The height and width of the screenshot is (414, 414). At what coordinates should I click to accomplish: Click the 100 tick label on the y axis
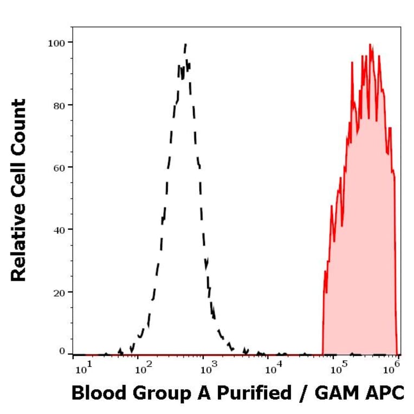[x=56, y=42]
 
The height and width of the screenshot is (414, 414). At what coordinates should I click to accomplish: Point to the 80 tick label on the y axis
[x=59, y=105]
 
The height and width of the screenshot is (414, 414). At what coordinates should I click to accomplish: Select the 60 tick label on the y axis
[x=59, y=167]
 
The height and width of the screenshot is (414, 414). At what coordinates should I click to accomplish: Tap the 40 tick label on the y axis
[x=59, y=229]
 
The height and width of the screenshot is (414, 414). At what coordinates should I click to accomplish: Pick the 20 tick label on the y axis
[x=59, y=292]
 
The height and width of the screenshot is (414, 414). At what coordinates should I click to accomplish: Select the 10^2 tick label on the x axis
[x=144, y=370]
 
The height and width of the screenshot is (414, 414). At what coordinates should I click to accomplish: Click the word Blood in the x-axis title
[x=96, y=393]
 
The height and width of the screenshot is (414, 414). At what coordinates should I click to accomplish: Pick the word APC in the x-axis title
[x=386, y=393]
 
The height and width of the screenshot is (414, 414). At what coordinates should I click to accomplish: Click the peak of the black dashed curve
[x=186, y=44]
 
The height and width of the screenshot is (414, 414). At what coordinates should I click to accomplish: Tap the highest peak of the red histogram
[x=370, y=44]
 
